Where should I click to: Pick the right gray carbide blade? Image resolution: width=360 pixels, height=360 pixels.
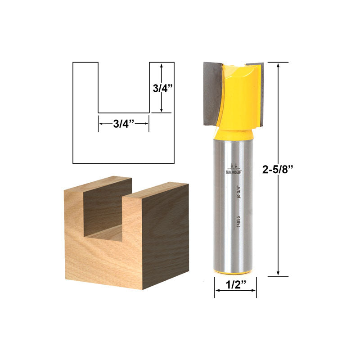point(261,90)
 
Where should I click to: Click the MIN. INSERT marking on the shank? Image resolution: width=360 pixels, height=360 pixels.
point(234,171)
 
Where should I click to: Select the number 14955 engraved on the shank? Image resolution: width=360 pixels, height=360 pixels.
point(238,222)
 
